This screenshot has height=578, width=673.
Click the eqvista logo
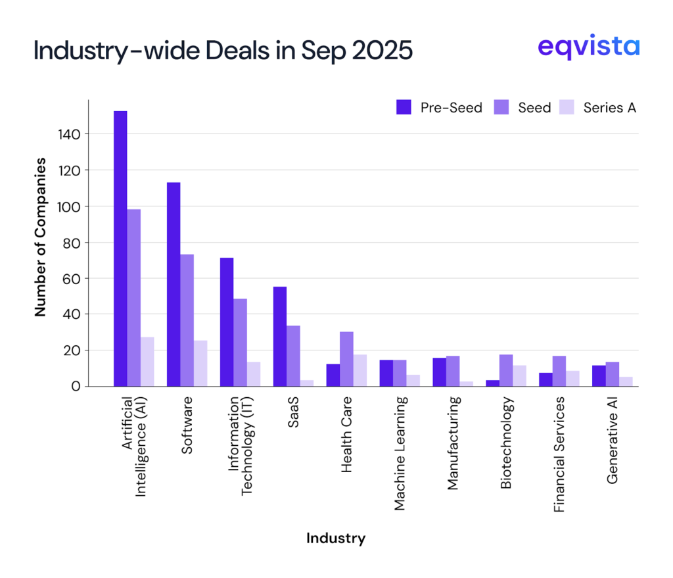pyautogui.click(x=588, y=47)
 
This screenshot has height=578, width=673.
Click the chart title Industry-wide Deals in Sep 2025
pyautogui.click(x=223, y=51)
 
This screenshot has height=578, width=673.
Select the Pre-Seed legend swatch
pyautogui.click(x=404, y=107)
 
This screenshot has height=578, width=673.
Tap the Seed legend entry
pyautogui.click(x=522, y=108)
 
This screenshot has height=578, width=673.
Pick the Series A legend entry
pyautogui.click(x=597, y=108)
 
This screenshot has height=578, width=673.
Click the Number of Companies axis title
pyautogui.click(x=41, y=237)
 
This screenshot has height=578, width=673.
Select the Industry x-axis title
pyautogui.click(x=336, y=539)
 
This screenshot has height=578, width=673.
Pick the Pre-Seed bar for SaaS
pyautogui.click(x=279, y=337)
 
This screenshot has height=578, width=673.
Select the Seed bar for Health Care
pyautogui.click(x=346, y=359)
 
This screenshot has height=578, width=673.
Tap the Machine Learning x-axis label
pyautogui.click(x=400, y=453)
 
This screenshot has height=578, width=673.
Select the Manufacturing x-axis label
pyautogui.click(x=453, y=443)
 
